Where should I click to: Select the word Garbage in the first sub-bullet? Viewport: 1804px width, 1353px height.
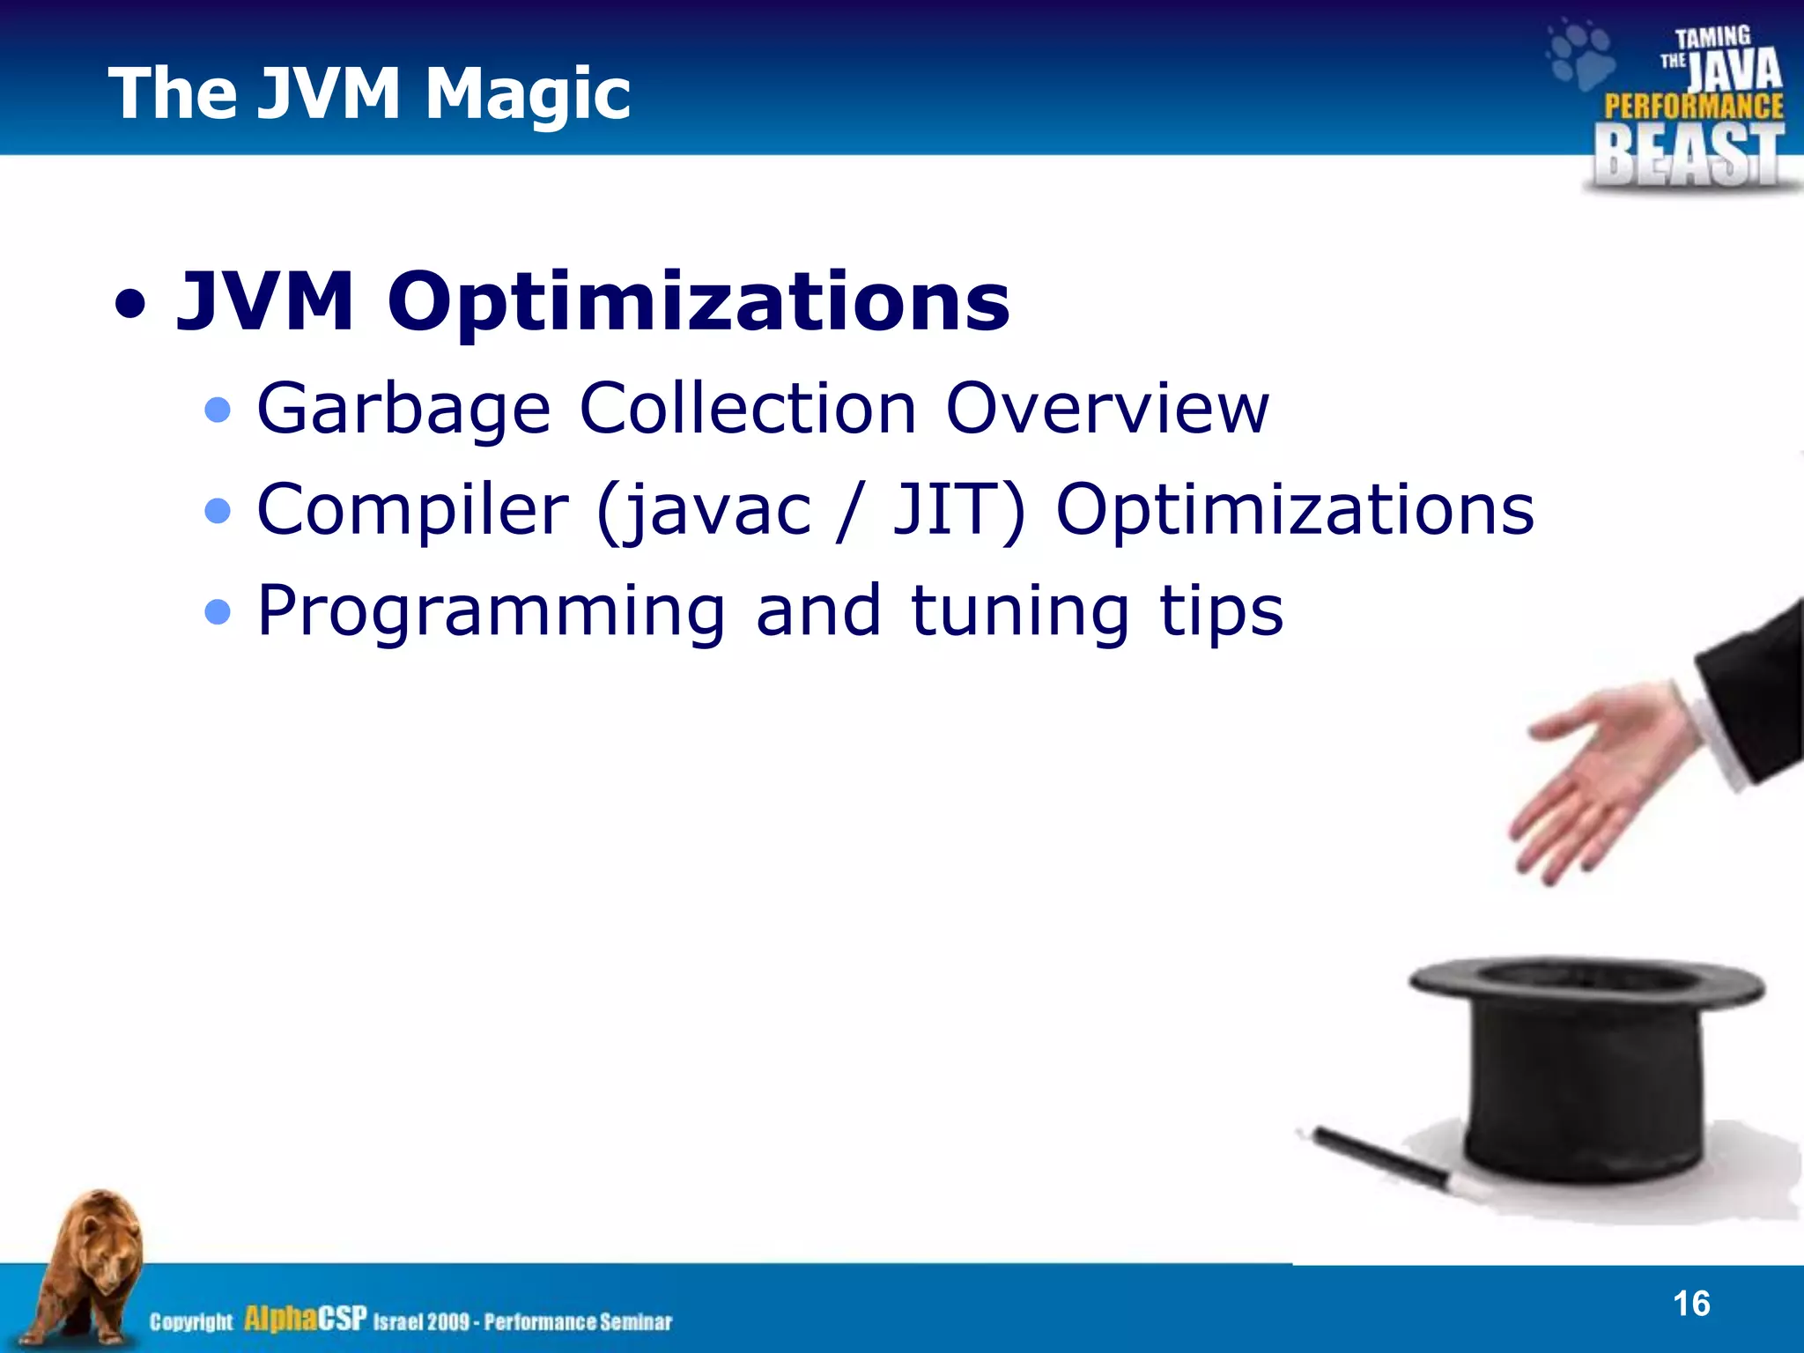coord(403,409)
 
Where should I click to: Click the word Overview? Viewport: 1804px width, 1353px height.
coord(1106,409)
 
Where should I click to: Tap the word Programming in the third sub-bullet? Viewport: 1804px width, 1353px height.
coord(491,611)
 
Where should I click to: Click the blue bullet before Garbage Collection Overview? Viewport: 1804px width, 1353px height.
coord(218,410)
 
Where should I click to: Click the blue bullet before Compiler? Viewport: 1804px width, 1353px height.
coord(218,511)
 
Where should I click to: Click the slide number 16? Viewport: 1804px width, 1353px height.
coord(1690,1304)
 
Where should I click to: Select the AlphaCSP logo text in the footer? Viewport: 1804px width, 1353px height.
coord(305,1320)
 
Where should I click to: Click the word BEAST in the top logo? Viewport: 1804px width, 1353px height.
coord(1687,155)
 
